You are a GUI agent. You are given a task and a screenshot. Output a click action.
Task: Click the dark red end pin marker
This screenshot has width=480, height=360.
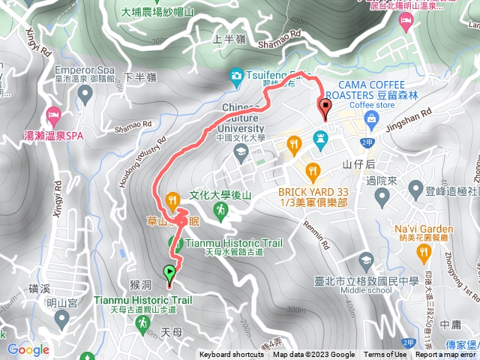(x=325, y=107)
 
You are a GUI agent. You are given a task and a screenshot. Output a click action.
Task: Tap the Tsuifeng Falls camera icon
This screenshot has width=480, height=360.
(x=236, y=76)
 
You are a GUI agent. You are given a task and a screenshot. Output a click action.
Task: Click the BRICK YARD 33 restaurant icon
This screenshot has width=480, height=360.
(x=313, y=169)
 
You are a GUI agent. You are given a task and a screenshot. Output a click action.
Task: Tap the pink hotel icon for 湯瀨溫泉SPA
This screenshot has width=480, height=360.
(x=52, y=116)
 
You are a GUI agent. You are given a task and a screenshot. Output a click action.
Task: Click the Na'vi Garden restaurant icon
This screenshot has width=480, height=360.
(x=424, y=250)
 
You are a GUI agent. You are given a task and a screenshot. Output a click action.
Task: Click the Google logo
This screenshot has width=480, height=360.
(x=28, y=349)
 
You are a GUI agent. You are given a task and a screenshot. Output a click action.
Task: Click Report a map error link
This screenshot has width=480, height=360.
(x=445, y=355)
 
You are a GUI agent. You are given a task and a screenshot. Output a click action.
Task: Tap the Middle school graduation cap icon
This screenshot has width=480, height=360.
(x=366, y=261)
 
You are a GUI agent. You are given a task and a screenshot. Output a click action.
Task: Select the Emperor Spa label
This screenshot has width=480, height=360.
(x=81, y=67)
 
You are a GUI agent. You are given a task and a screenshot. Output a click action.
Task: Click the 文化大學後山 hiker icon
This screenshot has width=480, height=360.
(x=220, y=212)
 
